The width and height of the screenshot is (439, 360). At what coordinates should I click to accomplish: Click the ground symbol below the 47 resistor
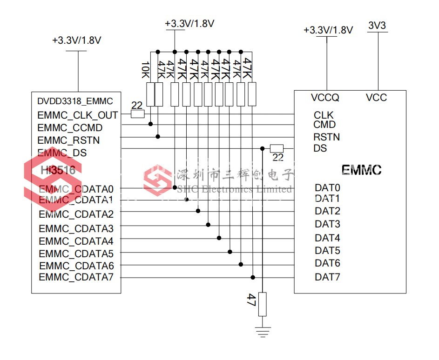pyautogui.click(x=263, y=332)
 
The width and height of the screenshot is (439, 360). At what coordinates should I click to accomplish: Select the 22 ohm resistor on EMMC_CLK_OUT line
pyautogui.click(x=137, y=114)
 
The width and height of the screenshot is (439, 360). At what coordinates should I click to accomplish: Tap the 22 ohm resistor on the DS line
pyautogui.click(x=277, y=148)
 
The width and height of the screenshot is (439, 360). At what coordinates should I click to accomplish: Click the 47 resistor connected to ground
pyautogui.click(x=263, y=304)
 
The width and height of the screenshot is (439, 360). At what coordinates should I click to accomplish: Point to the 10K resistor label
pyautogui.click(x=145, y=70)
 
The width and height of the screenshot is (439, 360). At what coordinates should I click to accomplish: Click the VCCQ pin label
pyautogui.click(x=325, y=98)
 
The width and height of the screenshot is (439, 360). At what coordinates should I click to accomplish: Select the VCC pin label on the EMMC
pyautogui.click(x=376, y=98)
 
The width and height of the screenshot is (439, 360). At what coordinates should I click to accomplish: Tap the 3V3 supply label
pyautogui.click(x=377, y=26)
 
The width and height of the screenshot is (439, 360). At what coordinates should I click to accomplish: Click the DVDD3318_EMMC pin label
pyautogui.click(x=75, y=101)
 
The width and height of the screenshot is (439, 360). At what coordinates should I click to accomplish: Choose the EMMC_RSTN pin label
pyautogui.click(x=68, y=140)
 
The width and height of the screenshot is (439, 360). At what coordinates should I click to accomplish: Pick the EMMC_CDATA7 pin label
pyautogui.click(x=76, y=277)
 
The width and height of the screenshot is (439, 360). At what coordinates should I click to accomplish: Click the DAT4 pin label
pyautogui.click(x=327, y=238)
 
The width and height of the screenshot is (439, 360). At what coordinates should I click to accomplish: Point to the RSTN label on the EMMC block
pyautogui.click(x=326, y=137)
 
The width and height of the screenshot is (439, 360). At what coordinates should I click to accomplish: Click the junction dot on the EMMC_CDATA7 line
pyautogui.click(x=253, y=278)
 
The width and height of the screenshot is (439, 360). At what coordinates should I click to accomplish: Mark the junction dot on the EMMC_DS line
pyautogui.click(x=263, y=148)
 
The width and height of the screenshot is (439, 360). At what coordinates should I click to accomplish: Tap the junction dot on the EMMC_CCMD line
pyautogui.click(x=151, y=124)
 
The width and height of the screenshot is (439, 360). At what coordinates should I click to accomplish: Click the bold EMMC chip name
pyautogui.click(x=361, y=170)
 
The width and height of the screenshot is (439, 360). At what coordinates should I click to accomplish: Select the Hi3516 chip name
pyautogui.click(x=58, y=170)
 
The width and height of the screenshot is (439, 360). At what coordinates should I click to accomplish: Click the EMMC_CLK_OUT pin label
pyautogui.click(x=78, y=115)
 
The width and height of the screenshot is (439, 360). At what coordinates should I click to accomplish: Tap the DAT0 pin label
pyautogui.click(x=327, y=188)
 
